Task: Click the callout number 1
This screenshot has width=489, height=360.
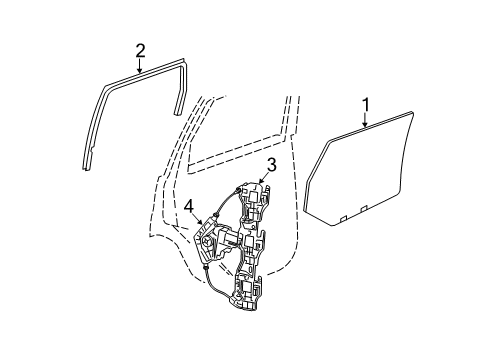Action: click(x=366, y=103)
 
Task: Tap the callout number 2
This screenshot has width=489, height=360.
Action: click(x=141, y=50)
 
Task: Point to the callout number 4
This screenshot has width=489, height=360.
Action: click(x=188, y=207)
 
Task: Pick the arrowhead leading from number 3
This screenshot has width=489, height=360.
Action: click(x=264, y=185)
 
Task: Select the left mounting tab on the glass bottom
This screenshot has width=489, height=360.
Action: click(x=345, y=214)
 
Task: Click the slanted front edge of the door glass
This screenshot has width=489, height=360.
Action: click(x=316, y=179)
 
